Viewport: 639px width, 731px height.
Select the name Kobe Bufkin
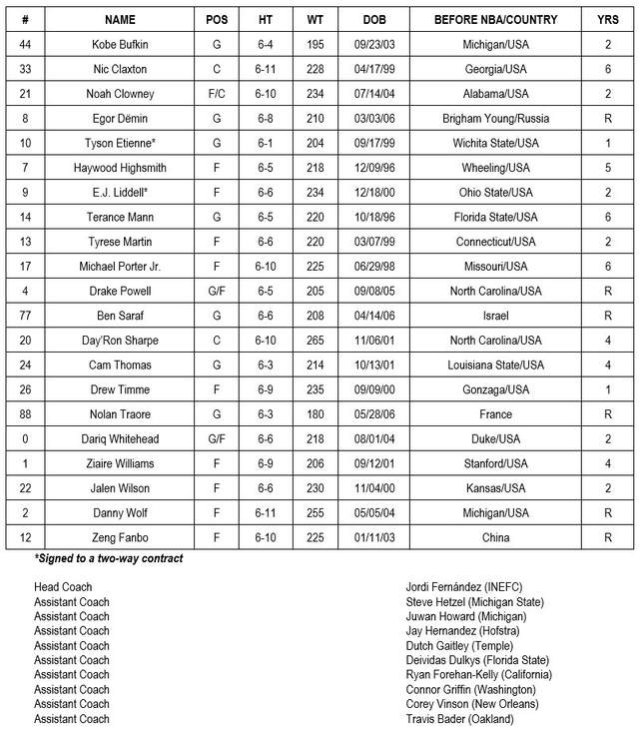(119, 45)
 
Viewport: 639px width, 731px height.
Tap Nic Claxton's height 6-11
(265, 70)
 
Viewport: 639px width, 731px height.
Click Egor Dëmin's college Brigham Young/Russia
(495, 119)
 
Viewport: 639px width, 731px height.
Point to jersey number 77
(25, 316)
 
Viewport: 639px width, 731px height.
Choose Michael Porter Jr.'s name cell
(119, 267)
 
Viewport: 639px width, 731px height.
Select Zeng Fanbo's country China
(495, 537)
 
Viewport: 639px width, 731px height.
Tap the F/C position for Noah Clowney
(217, 94)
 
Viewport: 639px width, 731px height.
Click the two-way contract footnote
(109, 559)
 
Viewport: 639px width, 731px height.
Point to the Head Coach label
(63, 587)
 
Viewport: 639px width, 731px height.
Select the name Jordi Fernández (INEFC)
(464, 587)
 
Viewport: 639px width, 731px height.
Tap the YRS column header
(607, 20)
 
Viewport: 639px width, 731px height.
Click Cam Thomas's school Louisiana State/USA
(495, 365)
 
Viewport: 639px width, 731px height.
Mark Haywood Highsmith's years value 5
(607, 168)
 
